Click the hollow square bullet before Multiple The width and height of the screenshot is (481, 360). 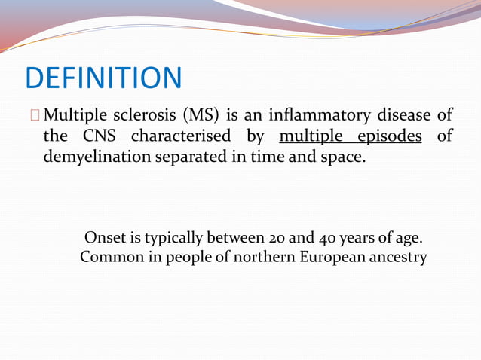[35, 116]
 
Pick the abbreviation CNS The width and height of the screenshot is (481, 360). [97, 138]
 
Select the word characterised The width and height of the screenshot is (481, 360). [180, 138]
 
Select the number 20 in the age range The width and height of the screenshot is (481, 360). [277, 239]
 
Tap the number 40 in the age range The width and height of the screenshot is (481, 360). [328, 239]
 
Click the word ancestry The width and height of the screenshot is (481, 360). [397, 258]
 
